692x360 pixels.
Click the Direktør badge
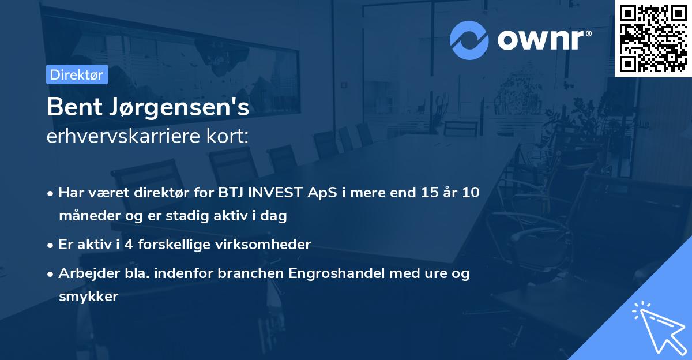click(77, 74)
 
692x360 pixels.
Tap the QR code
click(653, 38)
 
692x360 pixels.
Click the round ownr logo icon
click(469, 40)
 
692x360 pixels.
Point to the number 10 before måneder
click(469, 193)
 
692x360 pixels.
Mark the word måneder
click(86, 216)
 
